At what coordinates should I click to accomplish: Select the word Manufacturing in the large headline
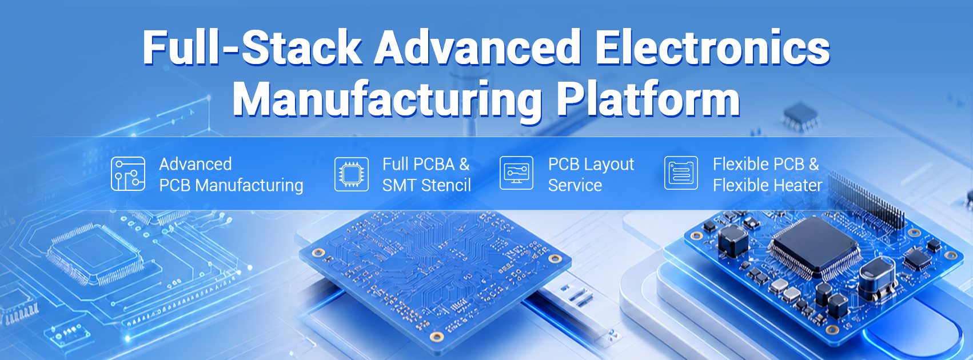(387, 101)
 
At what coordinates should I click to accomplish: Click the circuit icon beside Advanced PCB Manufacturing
(128, 174)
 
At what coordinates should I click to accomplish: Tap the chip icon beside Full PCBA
(352, 174)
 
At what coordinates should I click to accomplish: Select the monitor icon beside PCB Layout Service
(516, 173)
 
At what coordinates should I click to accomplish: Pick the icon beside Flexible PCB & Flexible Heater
(681, 173)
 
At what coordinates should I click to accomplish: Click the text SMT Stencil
(426, 185)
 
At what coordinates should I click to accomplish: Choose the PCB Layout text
(591, 165)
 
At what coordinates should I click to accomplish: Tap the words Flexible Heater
(767, 185)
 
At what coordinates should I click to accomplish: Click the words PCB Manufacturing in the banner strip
(231, 185)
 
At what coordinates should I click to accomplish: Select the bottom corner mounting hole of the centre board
(436, 337)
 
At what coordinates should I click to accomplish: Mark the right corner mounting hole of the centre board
(555, 259)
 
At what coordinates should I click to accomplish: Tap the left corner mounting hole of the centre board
(318, 253)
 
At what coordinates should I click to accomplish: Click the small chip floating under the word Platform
(801, 117)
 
